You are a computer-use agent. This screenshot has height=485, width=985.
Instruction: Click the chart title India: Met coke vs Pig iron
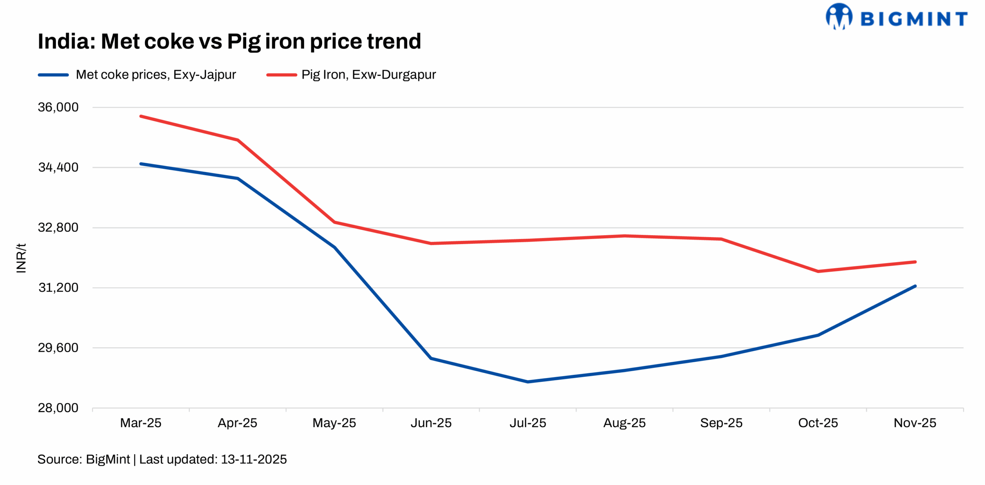(229, 41)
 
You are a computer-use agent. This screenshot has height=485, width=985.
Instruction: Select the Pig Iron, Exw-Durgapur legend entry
(368, 74)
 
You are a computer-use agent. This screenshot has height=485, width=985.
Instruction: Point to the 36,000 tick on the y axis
(58, 107)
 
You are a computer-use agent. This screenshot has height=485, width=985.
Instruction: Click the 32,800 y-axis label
(58, 227)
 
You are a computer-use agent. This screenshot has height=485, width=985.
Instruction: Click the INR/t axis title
(21, 258)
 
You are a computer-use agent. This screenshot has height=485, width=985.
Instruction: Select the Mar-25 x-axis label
(140, 423)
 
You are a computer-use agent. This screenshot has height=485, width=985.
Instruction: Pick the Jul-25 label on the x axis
(528, 423)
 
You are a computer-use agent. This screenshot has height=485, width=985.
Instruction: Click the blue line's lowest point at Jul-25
(528, 381)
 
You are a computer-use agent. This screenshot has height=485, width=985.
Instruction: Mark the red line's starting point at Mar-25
(141, 116)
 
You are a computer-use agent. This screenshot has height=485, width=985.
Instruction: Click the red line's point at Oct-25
(818, 271)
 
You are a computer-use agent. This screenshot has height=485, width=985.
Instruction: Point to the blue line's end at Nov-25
(915, 286)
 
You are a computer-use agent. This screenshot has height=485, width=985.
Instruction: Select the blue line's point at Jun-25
(431, 358)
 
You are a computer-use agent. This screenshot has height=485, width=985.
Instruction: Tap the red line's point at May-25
(334, 222)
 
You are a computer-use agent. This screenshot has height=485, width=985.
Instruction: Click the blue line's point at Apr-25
(238, 178)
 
